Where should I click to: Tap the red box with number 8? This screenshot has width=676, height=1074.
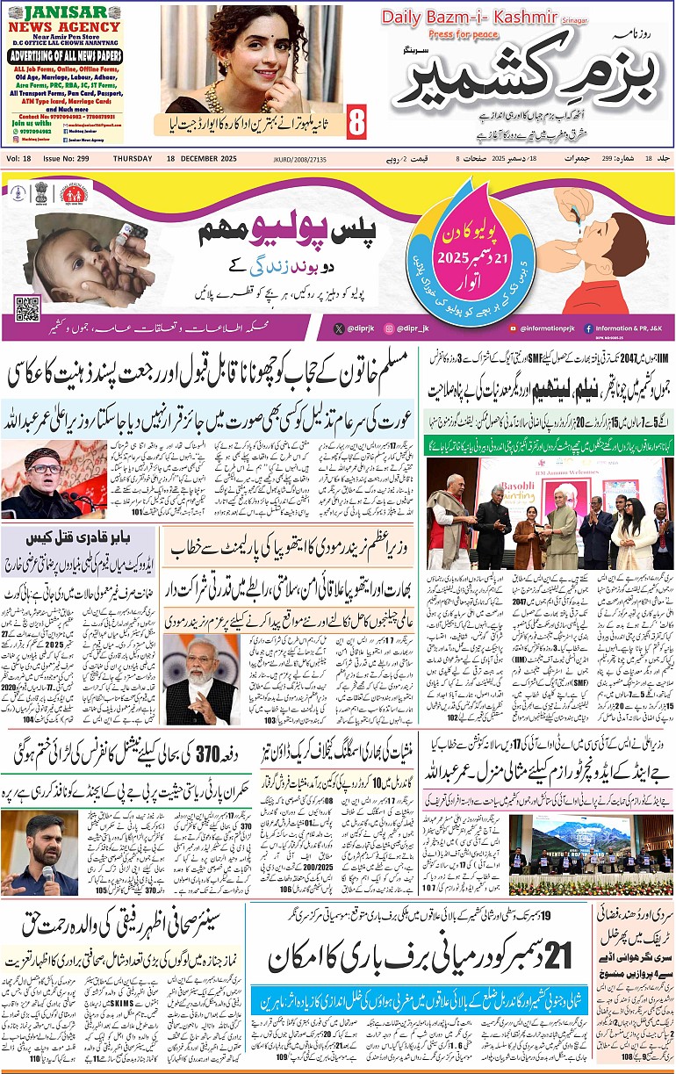coord(356,122)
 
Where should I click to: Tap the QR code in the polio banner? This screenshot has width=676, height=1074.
coord(27,309)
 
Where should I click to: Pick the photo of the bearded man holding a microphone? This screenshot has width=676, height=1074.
coord(40,853)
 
